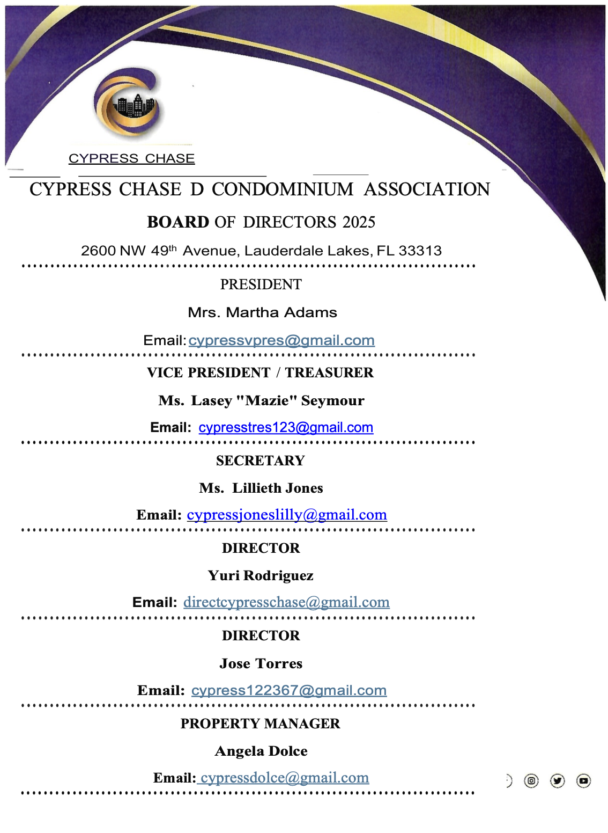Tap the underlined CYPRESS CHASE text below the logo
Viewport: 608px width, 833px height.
click(x=131, y=158)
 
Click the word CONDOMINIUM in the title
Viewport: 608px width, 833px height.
click(x=283, y=189)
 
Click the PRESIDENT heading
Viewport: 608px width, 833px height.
click(x=261, y=284)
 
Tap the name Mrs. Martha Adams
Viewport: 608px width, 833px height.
click(x=262, y=312)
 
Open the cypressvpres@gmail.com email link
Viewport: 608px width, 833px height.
click(x=281, y=340)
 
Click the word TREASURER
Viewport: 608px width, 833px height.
click(x=329, y=372)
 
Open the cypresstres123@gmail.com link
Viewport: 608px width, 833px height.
click(x=286, y=427)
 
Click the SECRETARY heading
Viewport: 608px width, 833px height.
click(x=261, y=461)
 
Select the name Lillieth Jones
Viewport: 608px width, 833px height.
click(x=277, y=488)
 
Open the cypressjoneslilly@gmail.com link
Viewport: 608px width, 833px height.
click(x=287, y=515)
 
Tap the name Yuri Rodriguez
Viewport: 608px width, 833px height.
click(x=261, y=575)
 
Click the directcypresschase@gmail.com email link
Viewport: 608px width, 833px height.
click(x=286, y=602)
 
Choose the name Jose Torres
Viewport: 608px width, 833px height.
click(x=261, y=663)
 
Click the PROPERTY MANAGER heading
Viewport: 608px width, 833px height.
click(x=261, y=724)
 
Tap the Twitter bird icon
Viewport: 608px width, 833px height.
click(x=558, y=780)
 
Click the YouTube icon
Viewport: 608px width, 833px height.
click(x=583, y=780)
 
